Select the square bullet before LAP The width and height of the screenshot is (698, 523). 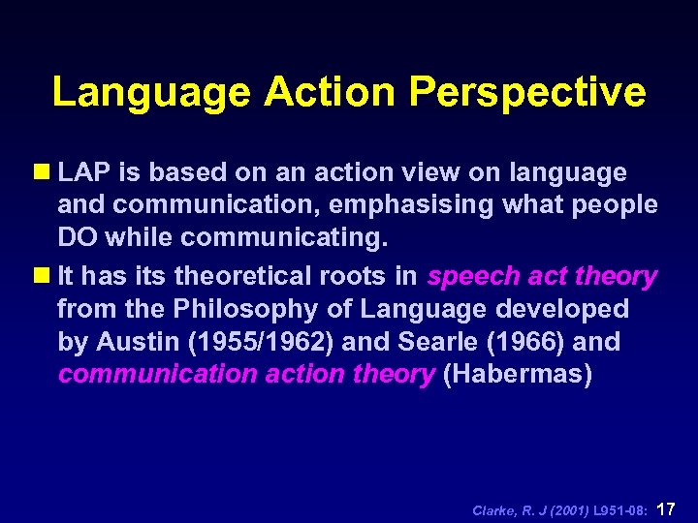pos(44,173)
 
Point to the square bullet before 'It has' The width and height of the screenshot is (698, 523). pos(44,277)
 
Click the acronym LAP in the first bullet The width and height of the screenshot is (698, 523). pos(84,173)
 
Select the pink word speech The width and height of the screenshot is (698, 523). pos(472,277)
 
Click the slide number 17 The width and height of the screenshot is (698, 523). pos(667,508)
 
